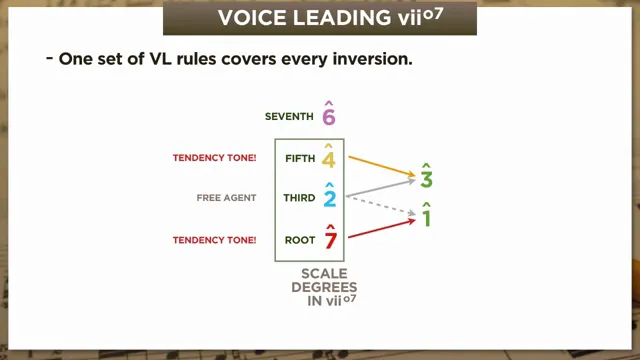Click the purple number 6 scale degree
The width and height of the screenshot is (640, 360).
point(329,116)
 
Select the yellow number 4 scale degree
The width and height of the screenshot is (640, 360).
point(329,158)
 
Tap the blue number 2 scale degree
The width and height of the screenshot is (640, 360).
point(329,198)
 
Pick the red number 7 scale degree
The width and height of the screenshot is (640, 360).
point(329,240)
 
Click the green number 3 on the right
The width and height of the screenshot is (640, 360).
point(426,179)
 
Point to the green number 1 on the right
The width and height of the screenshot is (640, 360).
point(426,216)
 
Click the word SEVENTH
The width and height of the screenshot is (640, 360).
point(289,117)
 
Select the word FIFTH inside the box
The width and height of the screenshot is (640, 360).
point(300,158)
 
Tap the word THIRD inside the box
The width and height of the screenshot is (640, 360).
point(299,198)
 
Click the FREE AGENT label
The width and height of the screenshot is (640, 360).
point(226,198)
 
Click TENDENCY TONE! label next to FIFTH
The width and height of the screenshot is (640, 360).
point(215,158)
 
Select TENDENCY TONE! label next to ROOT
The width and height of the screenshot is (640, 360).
point(215,240)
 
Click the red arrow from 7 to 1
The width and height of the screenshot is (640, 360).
point(380,230)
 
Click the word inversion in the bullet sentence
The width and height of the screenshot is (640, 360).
point(372,59)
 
